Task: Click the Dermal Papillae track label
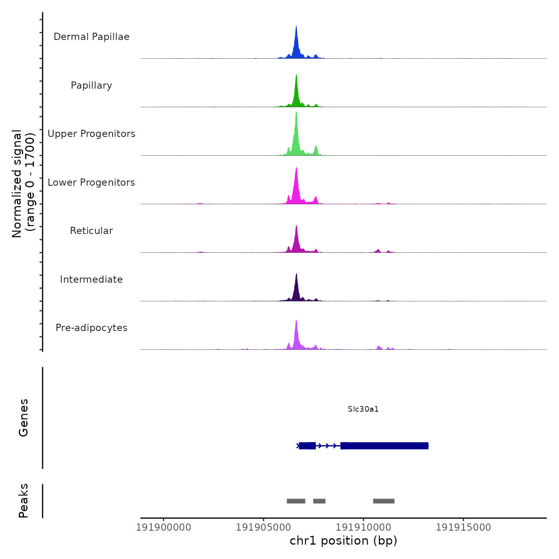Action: click(x=91, y=37)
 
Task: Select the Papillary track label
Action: click(x=91, y=85)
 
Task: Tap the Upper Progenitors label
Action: click(x=91, y=134)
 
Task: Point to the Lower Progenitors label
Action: click(x=91, y=182)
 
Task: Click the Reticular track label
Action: click(x=91, y=231)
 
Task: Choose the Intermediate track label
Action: click(x=91, y=279)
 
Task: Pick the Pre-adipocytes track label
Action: click(x=91, y=328)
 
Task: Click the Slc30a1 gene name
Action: click(x=363, y=409)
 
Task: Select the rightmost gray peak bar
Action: click(x=384, y=501)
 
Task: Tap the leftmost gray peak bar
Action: click(x=296, y=501)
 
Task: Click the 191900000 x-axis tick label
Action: click(x=164, y=527)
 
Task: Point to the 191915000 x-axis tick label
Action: click(x=463, y=527)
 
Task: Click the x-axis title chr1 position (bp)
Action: click(x=343, y=541)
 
